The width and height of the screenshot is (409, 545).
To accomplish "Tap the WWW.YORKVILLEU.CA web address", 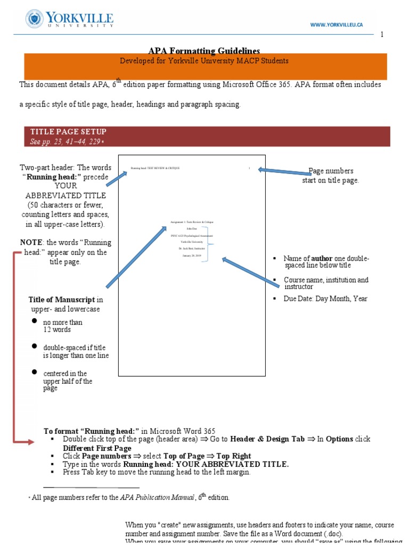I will pos(337,25).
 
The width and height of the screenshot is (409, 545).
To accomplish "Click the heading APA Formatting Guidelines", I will pos(204,51).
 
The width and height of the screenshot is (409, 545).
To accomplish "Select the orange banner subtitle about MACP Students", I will pos(204,61).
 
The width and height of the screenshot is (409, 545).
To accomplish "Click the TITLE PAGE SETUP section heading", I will pos(68,131).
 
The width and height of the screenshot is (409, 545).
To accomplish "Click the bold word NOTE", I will pos(31,242).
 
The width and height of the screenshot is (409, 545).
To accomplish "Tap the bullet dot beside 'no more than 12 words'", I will pos(34,321).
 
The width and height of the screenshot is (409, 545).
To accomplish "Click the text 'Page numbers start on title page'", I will pos(331,176).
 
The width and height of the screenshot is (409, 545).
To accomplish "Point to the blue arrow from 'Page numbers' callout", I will pos(285,171).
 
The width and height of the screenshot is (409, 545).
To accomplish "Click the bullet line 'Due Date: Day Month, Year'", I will pos(325,299).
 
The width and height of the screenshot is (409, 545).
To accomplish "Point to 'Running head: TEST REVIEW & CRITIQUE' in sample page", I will pos(156,168).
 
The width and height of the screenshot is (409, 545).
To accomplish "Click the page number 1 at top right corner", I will pos(381,35).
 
